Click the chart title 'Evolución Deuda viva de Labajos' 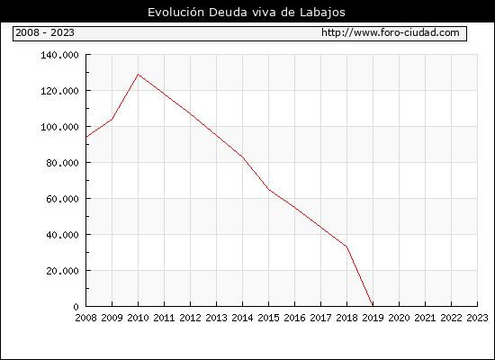(x=247, y=13)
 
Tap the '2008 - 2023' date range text (x=45, y=32)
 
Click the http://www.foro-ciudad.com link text (x=391, y=32)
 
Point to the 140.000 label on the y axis (x=59, y=55)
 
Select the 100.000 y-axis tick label (x=59, y=127)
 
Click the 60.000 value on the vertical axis (x=62, y=199)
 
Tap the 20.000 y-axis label (x=62, y=271)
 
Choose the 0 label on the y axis (x=76, y=307)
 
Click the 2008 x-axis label (x=85, y=318)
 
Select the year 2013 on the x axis (x=216, y=318)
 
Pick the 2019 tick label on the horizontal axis (x=373, y=318)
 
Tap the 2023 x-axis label (x=477, y=318)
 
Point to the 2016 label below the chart (x=294, y=318)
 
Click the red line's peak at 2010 (x=138, y=74)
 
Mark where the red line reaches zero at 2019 (x=373, y=306)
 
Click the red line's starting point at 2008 (x=86, y=137)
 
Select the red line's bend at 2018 (x=346, y=247)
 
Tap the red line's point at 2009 (x=112, y=119)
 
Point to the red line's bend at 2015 (x=269, y=190)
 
